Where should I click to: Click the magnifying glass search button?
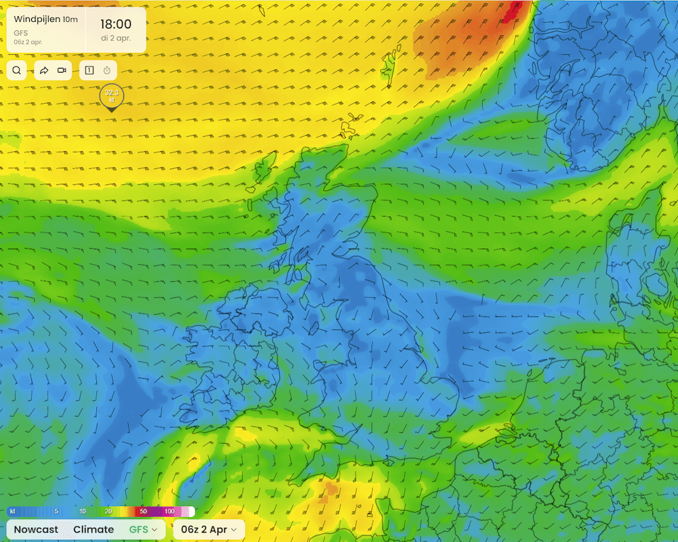[17, 70]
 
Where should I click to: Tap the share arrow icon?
[44, 70]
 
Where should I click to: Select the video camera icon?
[62, 70]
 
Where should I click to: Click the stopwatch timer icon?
[106, 70]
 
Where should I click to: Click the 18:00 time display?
[116, 24]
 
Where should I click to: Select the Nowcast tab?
[36, 529]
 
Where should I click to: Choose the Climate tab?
[94, 529]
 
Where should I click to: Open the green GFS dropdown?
[142, 529]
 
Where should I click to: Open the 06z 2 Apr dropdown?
[209, 529]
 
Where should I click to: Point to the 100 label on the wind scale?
[169, 512]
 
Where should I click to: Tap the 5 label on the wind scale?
[56, 512]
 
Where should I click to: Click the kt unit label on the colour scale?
[12, 512]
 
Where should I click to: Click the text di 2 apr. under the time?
[116, 38]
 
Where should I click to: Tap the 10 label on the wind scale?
[82, 512]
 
